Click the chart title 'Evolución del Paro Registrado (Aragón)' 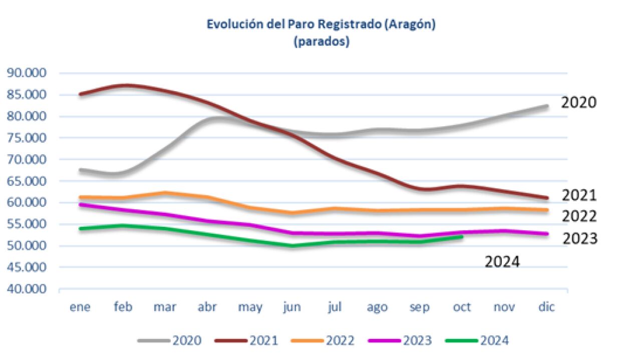pyautogui.click(x=321, y=25)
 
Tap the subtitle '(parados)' pyautogui.click(x=321, y=42)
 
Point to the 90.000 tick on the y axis pyautogui.click(x=33, y=73)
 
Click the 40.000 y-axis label pyautogui.click(x=33, y=289)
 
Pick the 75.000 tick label pyautogui.click(x=33, y=138)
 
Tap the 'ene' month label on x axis pyautogui.click(x=80, y=307)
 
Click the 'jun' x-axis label pyautogui.click(x=292, y=307)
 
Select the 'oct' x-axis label pyautogui.click(x=461, y=307)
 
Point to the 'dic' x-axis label pyautogui.click(x=546, y=307)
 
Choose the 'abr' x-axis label pyautogui.click(x=207, y=307)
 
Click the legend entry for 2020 pyautogui.click(x=170, y=341)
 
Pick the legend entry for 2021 pyautogui.click(x=246, y=341)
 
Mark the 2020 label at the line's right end pyautogui.click(x=579, y=103)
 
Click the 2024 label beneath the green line pyautogui.click(x=502, y=261)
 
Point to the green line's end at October pyautogui.click(x=461, y=237)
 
